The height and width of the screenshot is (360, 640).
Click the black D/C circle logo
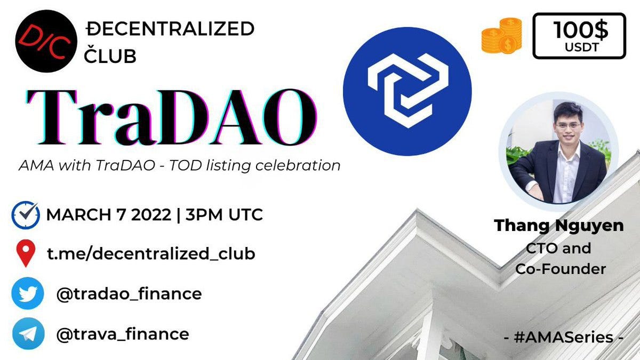(x=46, y=41)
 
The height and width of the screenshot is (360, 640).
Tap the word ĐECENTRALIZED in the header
(x=170, y=29)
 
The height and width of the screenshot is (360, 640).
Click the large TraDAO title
(x=171, y=117)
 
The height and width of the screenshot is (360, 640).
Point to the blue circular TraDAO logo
(x=407, y=91)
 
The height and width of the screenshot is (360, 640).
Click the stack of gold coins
(x=502, y=36)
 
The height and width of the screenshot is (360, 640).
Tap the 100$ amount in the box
(x=581, y=30)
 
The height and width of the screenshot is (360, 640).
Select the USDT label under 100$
(x=581, y=47)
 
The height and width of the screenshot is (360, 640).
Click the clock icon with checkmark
(x=26, y=215)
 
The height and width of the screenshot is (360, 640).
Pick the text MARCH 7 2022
(x=109, y=214)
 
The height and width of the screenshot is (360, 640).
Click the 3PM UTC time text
(x=224, y=214)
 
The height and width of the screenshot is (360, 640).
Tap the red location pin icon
(x=26, y=253)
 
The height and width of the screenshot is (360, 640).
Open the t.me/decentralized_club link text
(x=151, y=254)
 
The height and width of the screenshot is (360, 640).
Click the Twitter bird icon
(x=28, y=293)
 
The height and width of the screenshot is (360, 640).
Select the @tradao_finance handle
(x=129, y=294)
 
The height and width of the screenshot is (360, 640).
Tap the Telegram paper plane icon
(x=28, y=333)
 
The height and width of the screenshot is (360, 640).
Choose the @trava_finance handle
(x=123, y=334)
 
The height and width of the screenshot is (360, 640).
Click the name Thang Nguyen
(x=558, y=226)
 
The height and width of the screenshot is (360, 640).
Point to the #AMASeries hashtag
(x=563, y=337)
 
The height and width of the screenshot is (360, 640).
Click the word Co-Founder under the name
(x=561, y=269)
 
